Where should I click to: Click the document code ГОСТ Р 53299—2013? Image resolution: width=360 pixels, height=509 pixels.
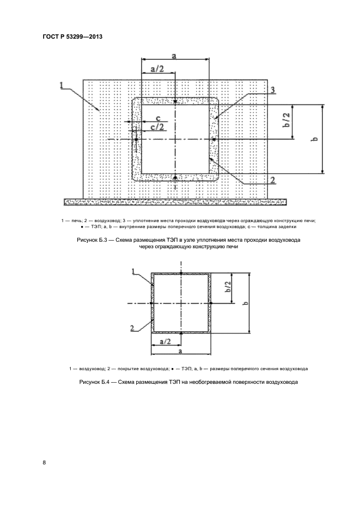(x=72, y=37)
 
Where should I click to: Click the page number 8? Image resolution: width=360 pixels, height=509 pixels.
(x=45, y=463)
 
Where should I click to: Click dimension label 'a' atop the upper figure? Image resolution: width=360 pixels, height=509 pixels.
(x=174, y=56)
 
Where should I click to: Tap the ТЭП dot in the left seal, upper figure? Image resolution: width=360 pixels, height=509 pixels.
(x=136, y=140)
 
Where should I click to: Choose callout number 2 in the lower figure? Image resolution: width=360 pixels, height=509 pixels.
(x=132, y=327)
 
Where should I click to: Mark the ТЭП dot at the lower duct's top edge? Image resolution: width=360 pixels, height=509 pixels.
(x=180, y=273)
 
